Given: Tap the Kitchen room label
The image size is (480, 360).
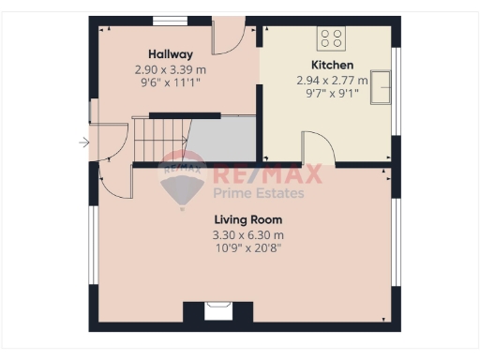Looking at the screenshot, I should (333, 65).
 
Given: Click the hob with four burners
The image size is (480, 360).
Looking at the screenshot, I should (331, 37).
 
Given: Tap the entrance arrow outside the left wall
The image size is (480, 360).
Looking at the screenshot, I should (83, 142).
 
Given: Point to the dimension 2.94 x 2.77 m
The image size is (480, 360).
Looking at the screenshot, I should (333, 80).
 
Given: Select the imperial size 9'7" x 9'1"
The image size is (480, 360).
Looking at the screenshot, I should (333, 93).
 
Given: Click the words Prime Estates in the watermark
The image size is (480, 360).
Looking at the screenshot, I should (259, 193).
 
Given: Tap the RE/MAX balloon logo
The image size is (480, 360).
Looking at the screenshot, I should (184, 178).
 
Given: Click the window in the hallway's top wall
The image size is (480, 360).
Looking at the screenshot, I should (167, 19).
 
